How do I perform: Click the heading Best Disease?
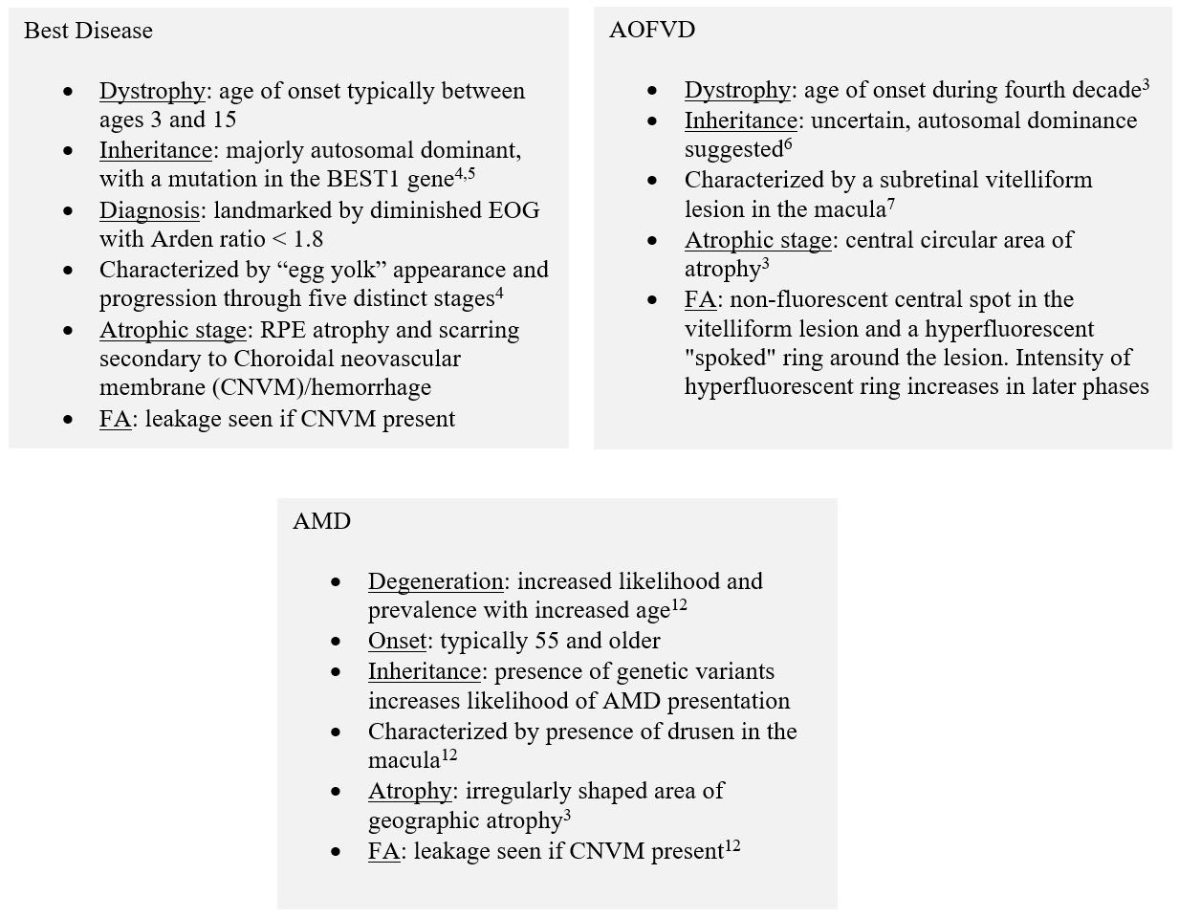click(88, 31)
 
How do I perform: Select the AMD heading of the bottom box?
click(321, 521)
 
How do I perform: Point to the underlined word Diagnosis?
click(149, 210)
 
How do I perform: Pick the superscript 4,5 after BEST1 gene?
click(466, 174)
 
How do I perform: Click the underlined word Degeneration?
click(436, 581)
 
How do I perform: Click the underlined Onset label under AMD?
click(396, 641)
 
